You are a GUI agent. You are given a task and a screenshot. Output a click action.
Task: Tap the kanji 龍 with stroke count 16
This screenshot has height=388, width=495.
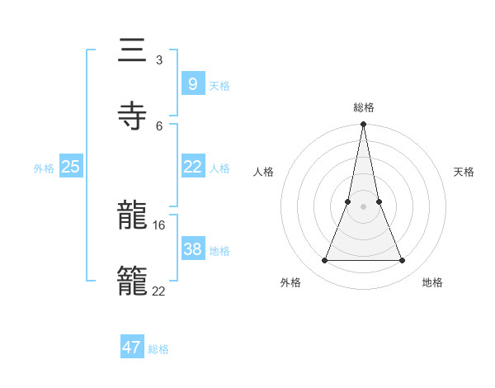coord(132,215)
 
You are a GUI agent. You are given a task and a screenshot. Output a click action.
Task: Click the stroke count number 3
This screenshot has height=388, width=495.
coord(159,60)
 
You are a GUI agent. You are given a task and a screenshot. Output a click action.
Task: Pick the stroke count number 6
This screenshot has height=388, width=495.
coord(159,125)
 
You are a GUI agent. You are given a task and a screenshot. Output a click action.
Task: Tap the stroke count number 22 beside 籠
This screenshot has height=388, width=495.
coord(159,291)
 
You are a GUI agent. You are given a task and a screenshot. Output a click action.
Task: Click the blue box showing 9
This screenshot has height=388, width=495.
coord(192,83)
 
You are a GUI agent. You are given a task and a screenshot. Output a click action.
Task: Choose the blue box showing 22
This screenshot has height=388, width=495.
coord(192,167)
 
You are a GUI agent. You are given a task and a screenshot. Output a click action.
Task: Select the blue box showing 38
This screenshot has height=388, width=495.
coord(192,249)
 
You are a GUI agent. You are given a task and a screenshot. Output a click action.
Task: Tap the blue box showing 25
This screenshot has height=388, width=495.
coord(70,167)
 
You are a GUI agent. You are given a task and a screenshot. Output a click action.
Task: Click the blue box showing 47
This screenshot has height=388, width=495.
coord(132,348)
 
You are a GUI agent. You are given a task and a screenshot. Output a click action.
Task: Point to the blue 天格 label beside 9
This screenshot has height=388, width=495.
coord(219,86)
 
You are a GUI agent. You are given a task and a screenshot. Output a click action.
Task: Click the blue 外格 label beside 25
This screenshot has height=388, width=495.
coord(44,168)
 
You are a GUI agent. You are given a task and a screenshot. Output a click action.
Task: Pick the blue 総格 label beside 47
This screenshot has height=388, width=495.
coord(159,349)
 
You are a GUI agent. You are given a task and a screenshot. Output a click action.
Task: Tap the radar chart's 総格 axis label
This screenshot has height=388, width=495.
coord(364,107)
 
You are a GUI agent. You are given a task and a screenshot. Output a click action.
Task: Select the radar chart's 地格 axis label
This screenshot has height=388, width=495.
coord(432,282)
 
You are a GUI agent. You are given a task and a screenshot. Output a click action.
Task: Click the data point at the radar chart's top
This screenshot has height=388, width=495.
coord(364,125)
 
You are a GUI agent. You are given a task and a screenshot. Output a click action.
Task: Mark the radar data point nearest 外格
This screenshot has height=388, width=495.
coord(325,261)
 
